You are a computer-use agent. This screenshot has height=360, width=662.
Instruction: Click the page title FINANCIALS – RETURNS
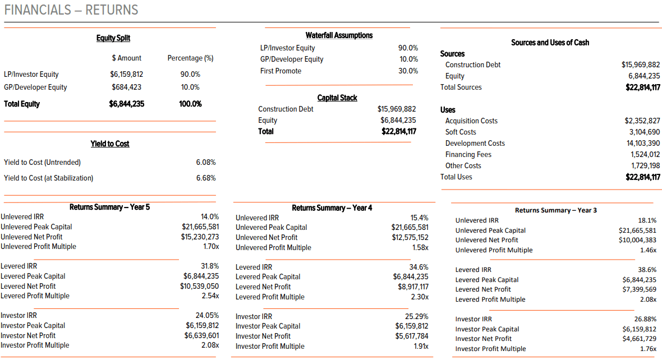pos(71,10)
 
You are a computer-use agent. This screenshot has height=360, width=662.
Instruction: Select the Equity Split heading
pos(113,38)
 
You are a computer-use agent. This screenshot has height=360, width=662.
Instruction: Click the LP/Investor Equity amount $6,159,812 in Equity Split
pos(127,74)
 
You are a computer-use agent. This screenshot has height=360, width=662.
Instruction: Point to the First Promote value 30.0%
pos(408,71)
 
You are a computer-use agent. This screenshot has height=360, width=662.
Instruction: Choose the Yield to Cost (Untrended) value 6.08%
pos(206,162)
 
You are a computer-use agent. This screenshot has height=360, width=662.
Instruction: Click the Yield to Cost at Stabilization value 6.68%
pos(206,178)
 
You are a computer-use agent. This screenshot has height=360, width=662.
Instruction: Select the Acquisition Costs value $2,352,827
pos(642,121)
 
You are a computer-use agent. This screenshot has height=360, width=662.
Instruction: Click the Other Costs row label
pos(463,165)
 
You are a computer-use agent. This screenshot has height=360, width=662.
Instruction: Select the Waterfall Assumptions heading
pos(339,35)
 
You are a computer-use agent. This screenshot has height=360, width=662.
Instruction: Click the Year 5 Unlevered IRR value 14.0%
pos(210,216)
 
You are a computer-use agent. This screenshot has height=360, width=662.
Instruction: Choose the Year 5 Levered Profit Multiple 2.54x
pos(210,296)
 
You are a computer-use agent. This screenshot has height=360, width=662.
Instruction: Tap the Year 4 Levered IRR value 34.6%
pos(419,267)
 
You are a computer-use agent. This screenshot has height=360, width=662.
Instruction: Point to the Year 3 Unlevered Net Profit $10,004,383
pos(637,240)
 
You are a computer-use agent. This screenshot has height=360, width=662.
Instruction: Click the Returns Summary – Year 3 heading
pos(555,210)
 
